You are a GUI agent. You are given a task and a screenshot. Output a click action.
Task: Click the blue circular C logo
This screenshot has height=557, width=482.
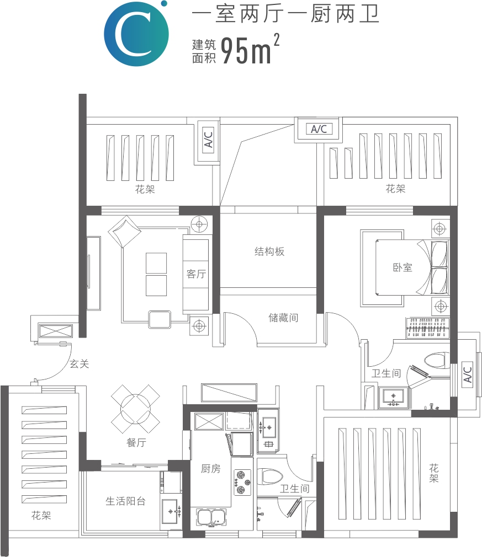(136, 34)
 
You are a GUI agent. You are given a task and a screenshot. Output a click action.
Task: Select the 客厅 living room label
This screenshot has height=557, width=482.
(196, 274)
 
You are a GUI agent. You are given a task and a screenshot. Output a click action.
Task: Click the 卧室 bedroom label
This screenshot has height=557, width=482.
(402, 267)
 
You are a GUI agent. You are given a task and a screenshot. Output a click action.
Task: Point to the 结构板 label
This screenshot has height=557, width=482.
(269, 251)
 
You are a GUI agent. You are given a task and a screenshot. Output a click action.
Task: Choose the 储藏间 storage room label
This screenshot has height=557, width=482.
(283, 318)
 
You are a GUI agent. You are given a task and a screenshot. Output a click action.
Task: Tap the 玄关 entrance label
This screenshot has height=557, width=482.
(79, 364)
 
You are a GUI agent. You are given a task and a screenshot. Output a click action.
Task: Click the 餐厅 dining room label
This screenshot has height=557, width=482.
(136, 442)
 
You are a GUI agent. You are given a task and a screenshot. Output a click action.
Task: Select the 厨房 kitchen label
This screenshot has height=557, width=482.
(210, 469)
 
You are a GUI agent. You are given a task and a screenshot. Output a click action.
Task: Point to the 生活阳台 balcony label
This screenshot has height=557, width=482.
(125, 501)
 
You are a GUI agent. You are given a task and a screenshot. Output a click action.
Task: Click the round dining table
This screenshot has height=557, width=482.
(135, 409)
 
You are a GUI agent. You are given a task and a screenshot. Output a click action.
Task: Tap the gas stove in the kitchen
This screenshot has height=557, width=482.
(242, 483)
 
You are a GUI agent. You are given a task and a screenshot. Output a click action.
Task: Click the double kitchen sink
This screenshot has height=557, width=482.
(211, 517)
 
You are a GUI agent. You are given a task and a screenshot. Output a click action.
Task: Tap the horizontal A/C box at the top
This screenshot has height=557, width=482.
(319, 129)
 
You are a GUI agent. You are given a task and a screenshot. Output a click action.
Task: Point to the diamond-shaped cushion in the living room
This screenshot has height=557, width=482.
(124, 231)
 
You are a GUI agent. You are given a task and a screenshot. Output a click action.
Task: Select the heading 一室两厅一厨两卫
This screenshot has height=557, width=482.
(285, 14)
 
